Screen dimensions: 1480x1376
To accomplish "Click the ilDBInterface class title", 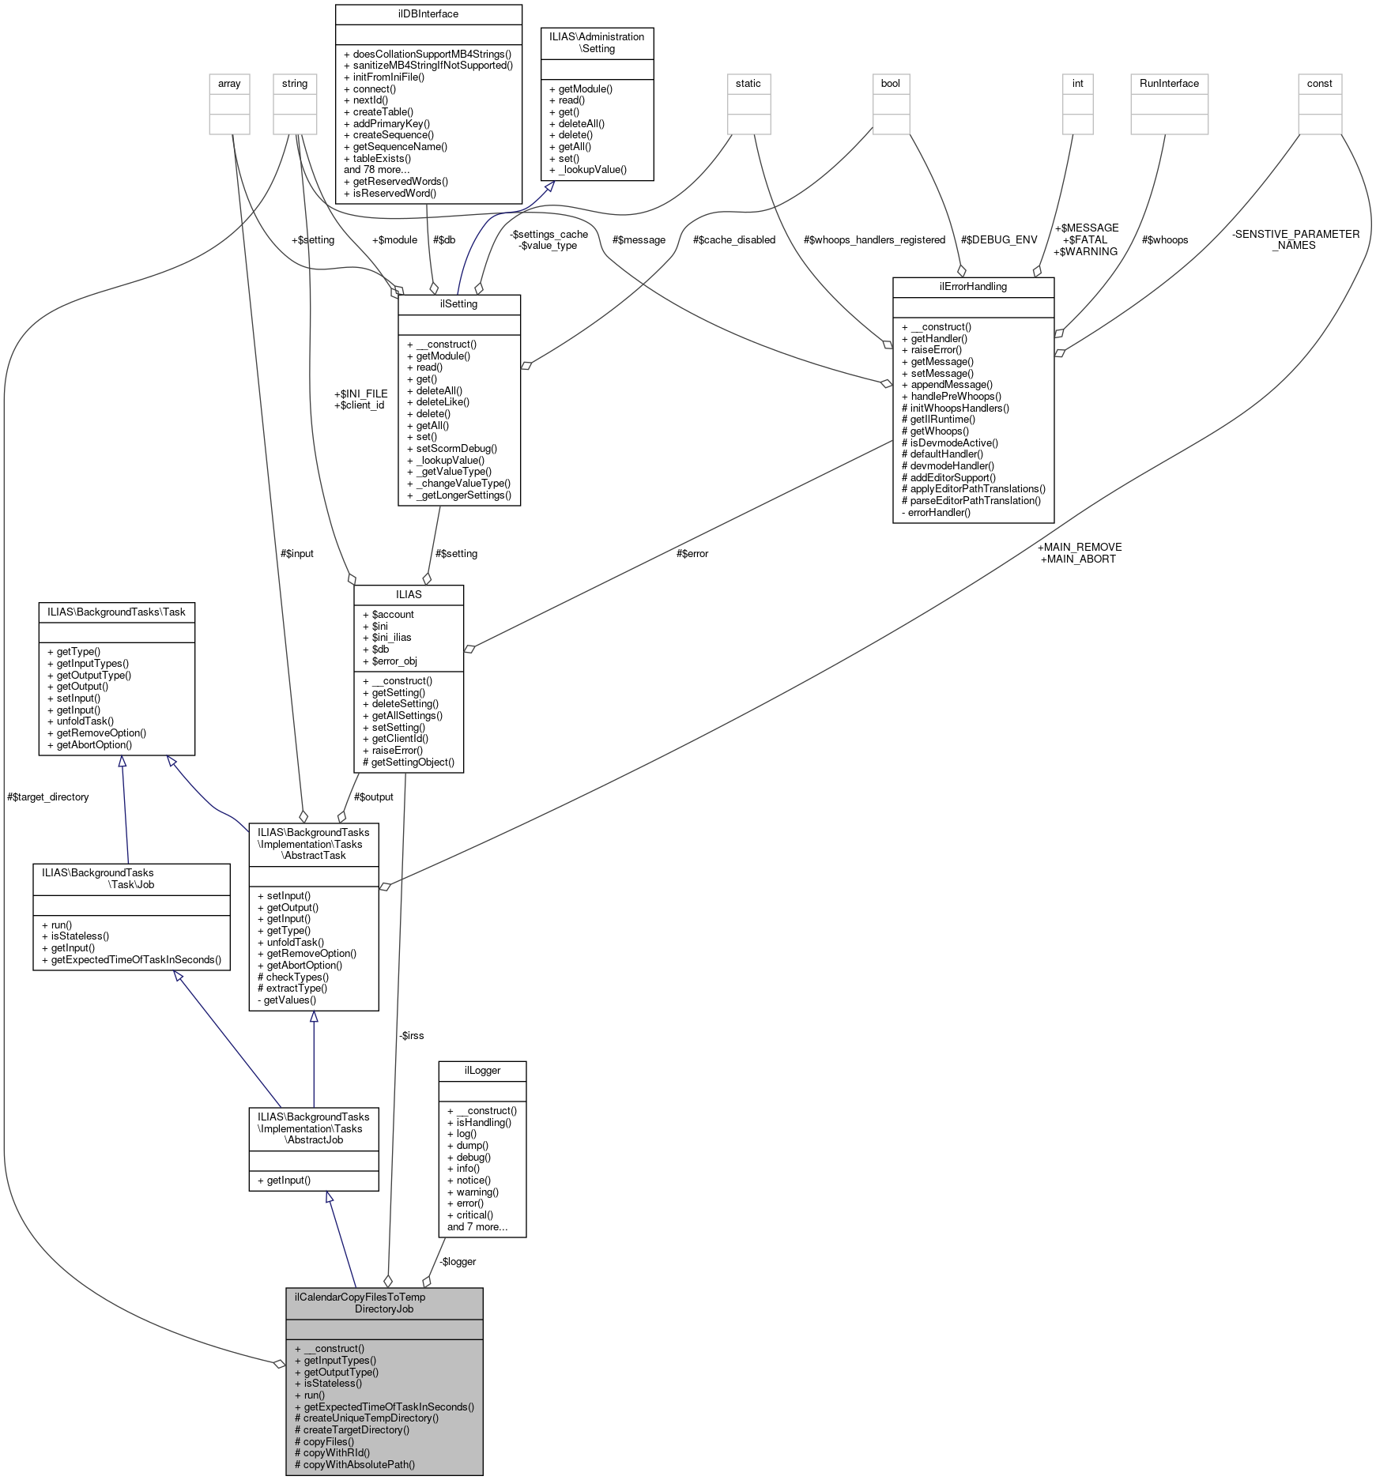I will [x=428, y=14].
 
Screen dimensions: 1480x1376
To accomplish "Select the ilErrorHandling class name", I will [x=973, y=287].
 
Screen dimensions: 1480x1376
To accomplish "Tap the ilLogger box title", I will [x=482, y=1071].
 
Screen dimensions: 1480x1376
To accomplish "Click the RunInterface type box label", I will [x=1169, y=84].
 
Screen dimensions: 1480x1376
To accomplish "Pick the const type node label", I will [x=1319, y=84].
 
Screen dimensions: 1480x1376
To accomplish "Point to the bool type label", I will [x=890, y=84].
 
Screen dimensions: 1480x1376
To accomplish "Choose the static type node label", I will [x=748, y=84].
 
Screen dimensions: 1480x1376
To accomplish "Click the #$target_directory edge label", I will [x=47, y=797].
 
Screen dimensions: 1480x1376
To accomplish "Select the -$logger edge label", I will [x=458, y=1262].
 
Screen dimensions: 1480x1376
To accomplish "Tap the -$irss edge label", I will [x=412, y=1035].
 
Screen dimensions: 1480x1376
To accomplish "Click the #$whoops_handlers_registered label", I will [x=874, y=240].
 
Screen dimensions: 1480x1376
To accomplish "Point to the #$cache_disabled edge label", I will [x=734, y=240].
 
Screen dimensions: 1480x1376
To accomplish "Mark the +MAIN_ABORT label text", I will [x=1078, y=559].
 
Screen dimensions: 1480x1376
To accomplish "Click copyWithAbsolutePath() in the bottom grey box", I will [x=359, y=1464].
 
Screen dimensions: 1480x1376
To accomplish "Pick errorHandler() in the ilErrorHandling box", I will [x=939, y=513].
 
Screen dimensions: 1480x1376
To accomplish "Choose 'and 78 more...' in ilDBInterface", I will [x=376, y=170].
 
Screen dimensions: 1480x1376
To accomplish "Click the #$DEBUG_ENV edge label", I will [x=999, y=240].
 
